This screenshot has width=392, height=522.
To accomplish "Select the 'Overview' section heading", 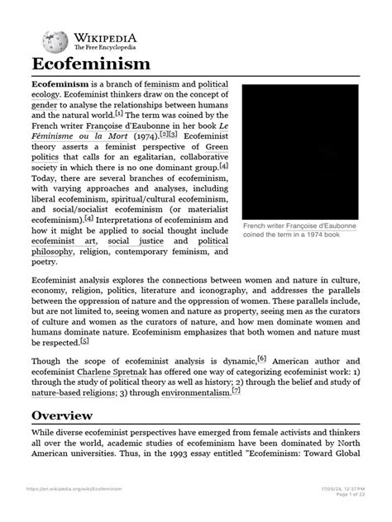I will (x=64, y=438).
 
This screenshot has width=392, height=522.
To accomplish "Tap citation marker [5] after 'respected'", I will (x=84, y=340).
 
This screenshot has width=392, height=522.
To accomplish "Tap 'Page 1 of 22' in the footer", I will (x=345, y=515).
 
